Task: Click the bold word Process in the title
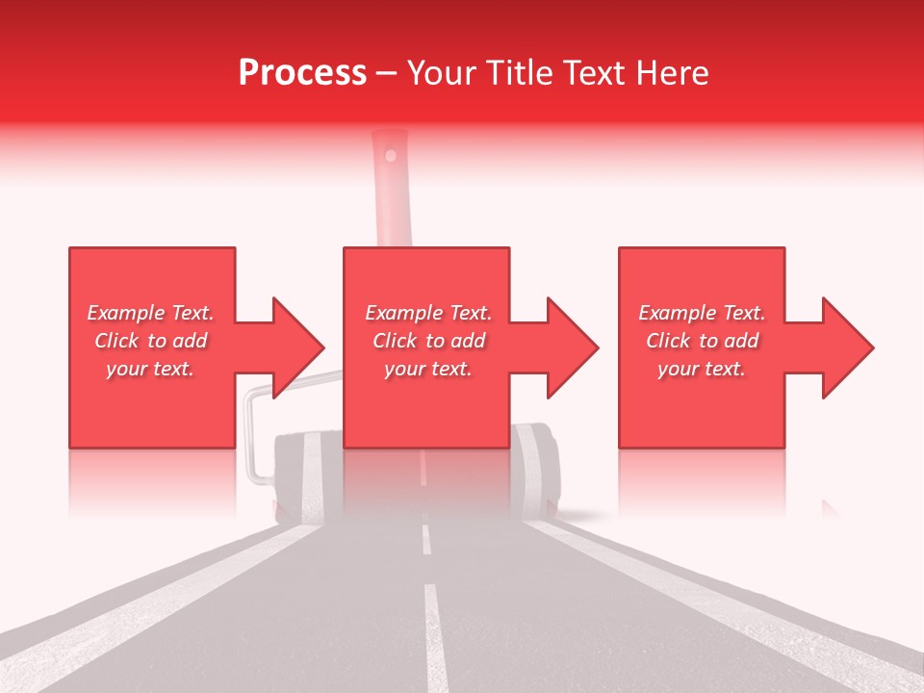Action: tap(302, 73)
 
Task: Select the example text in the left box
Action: tap(151, 341)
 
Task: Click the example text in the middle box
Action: tap(428, 341)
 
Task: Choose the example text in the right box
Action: tap(702, 341)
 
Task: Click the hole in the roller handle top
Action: tap(390, 154)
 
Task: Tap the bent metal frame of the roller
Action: tap(251, 433)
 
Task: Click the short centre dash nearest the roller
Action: tap(425, 540)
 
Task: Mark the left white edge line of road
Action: tap(144, 616)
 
